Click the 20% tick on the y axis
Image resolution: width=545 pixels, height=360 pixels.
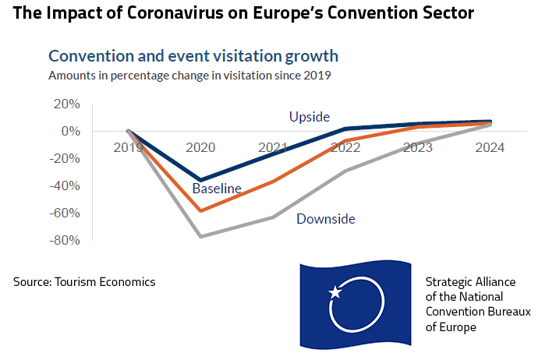(x=65, y=104)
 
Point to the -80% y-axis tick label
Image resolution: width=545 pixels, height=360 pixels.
(x=64, y=240)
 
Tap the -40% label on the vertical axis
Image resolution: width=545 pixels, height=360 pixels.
(x=64, y=185)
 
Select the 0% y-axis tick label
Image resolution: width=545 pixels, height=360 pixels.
(x=69, y=131)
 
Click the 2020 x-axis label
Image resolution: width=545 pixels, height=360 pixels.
(x=200, y=147)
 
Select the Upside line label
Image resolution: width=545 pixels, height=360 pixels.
(x=310, y=117)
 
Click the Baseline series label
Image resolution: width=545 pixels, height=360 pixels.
(x=217, y=188)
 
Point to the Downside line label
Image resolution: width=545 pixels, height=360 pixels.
(x=326, y=219)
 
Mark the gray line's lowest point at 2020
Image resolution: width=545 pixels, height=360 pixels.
(x=201, y=236)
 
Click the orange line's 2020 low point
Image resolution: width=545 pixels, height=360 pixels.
(x=201, y=211)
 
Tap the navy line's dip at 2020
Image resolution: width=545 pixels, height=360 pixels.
(x=201, y=180)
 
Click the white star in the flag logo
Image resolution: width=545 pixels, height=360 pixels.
(x=335, y=292)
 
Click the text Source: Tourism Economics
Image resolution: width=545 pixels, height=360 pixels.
(x=84, y=281)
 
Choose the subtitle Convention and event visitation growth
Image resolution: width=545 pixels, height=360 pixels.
(x=193, y=56)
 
